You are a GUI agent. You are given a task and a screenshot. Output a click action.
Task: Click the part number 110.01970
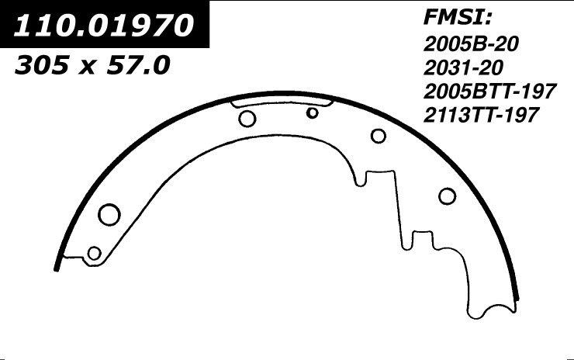coord(105,28)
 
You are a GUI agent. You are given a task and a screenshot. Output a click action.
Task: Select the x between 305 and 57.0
coord(87,68)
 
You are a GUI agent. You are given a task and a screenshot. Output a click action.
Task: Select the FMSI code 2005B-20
coord(470,43)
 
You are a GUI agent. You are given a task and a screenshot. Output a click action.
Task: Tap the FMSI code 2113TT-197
coord(482,115)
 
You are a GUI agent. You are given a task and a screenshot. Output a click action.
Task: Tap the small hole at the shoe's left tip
coord(95,253)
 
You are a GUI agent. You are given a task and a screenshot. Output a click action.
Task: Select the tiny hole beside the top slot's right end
coord(313,113)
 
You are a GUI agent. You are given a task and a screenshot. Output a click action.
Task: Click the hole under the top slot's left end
coord(247,119)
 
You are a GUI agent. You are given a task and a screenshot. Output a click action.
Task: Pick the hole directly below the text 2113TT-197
coord(379,136)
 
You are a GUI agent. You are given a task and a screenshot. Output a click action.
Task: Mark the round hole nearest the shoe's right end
coord(447,196)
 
